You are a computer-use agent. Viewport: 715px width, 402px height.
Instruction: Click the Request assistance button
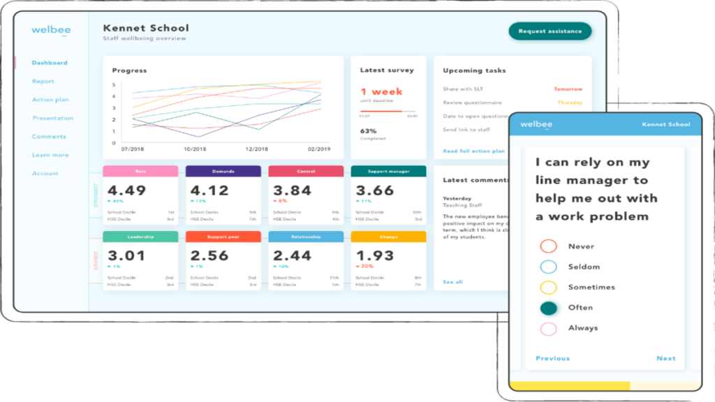point(550,31)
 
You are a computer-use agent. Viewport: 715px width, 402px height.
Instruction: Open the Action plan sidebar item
point(50,100)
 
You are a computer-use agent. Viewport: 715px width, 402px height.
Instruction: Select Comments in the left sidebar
point(49,137)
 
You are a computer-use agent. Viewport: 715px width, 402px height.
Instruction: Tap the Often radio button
point(549,308)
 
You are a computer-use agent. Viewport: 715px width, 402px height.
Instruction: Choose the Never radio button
point(549,246)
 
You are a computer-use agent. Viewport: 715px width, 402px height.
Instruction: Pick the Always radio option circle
point(549,328)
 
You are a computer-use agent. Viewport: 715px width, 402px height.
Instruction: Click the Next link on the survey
point(665,359)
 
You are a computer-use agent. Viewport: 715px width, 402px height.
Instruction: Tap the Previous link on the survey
point(552,359)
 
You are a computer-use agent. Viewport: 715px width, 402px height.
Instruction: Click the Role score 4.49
point(127,191)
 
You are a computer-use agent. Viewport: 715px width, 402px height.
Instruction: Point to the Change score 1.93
point(376,256)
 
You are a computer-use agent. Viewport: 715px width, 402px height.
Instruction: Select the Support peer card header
point(223,237)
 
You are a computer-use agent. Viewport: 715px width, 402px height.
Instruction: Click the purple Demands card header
point(223,171)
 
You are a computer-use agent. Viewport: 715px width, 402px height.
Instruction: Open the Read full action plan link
point(473,151)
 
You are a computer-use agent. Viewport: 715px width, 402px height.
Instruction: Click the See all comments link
point(452,282)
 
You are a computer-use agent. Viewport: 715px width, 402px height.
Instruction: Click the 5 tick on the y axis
point(114,85)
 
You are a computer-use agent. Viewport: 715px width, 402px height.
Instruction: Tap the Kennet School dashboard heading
point(146,29)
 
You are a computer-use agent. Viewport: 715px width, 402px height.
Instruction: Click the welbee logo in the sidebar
point(51,31)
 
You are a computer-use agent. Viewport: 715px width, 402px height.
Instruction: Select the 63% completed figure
point(368,131)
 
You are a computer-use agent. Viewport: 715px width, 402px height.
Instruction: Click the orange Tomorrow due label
point(568,89)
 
